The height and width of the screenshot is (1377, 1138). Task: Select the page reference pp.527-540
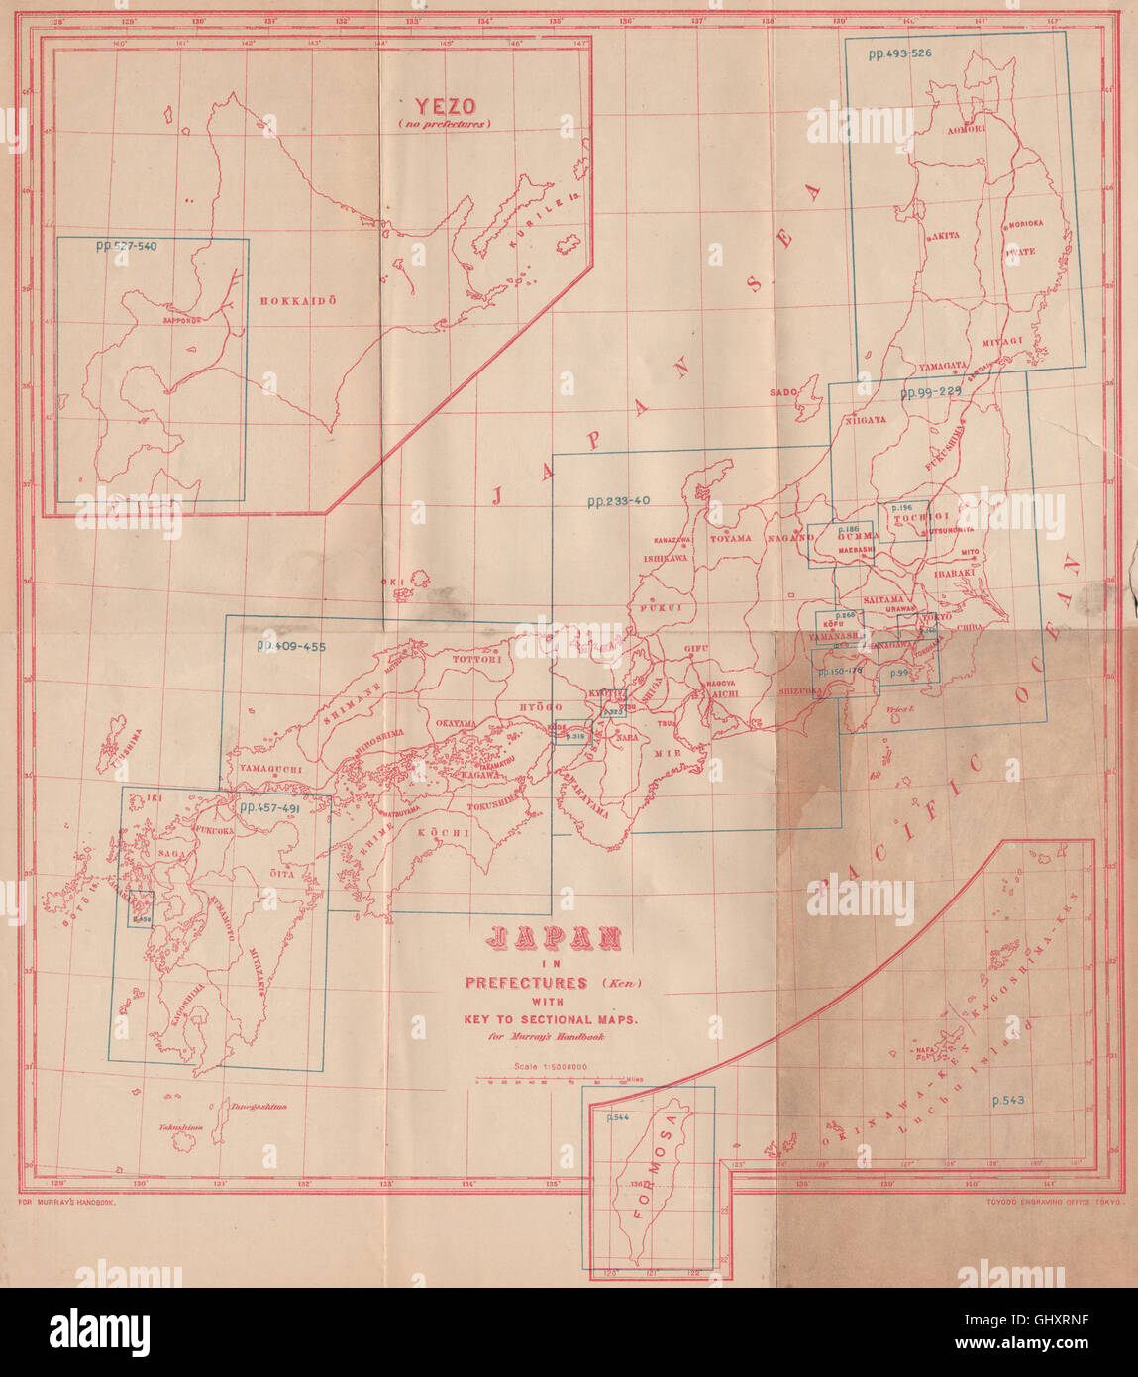coord(127,246)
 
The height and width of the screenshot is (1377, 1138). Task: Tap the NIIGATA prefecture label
coord(866,419)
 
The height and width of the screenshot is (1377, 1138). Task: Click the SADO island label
coord(782,393)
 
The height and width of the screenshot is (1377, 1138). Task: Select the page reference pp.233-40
coord(618,501)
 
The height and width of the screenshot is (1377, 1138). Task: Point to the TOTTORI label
coord(478,658)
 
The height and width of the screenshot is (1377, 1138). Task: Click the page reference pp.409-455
coord(291,646)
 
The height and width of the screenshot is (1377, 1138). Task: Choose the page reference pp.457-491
coord(268,808)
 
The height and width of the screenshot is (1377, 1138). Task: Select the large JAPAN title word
coord(555,937)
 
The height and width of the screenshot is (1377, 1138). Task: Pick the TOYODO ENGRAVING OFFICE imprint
coord(1052,1201)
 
